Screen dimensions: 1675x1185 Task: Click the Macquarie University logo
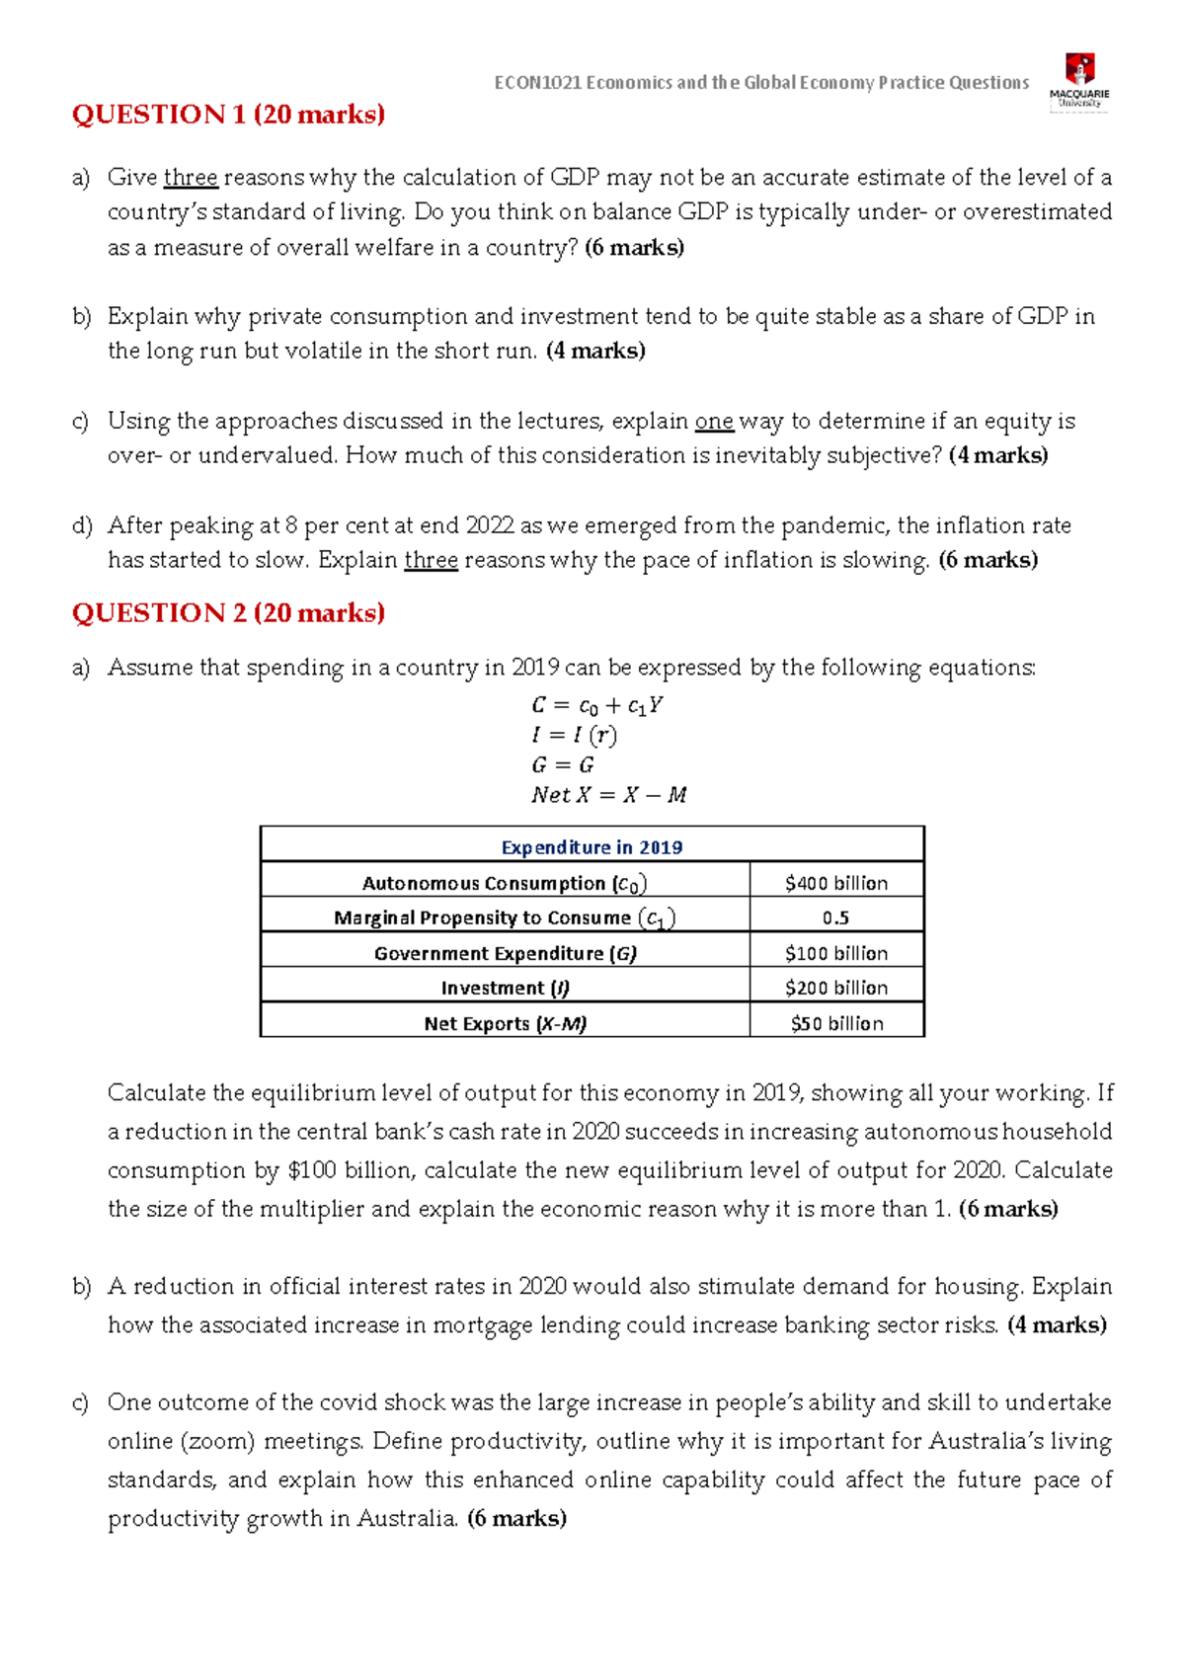(x=1079, y=81)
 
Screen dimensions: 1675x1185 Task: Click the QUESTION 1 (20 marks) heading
(x=228, y=115)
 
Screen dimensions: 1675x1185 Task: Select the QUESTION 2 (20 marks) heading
(x=228, y=613)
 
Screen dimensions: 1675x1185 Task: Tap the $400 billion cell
(x=836, y=883)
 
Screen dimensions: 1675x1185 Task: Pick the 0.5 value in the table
(x=835, y=917)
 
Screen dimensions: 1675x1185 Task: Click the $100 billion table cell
(x=836, y=953)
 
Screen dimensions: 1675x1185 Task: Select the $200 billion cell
(x=836, y=988)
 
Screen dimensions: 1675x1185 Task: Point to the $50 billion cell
(x=836, y=1023)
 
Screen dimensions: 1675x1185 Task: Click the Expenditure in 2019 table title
(x=592, y=847)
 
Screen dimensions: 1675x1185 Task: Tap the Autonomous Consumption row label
(x=505, y=883)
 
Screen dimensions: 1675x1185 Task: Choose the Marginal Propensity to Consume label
(x=505, y=917)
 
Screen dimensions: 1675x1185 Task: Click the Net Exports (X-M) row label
(x=505, y=1023)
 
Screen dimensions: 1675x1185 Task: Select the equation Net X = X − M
(x=608, y=794)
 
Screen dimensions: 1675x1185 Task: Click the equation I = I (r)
(x=574, y=735)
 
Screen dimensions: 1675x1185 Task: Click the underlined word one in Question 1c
(x=714, y=422)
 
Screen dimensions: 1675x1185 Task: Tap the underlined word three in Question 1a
(x=191, y=178)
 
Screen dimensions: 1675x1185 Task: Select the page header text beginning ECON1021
(x=761, y=83)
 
